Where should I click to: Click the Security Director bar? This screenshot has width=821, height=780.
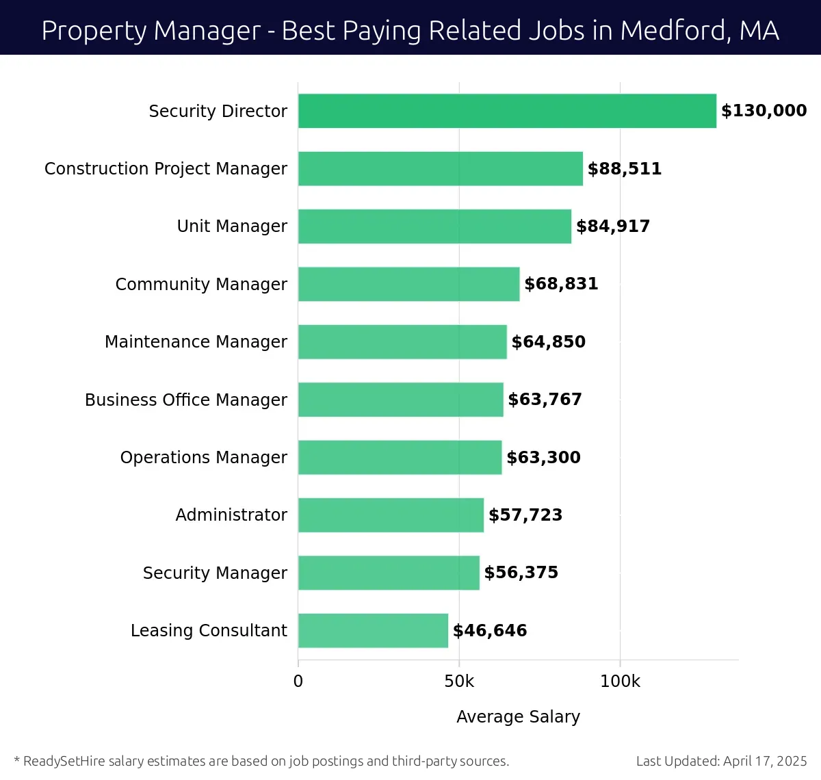coord(507,111)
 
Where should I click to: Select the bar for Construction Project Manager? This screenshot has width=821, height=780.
coord(441,168)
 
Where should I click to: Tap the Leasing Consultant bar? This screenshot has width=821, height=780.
coord(373,630)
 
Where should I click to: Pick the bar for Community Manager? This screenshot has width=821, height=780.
coord(408,284)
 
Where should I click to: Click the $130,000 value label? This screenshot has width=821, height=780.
coord(764,111)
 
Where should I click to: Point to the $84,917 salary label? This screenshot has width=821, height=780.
coord(613,226)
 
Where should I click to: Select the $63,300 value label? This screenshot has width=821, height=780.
coord(543,457)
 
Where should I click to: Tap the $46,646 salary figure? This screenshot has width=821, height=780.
coord(490,630)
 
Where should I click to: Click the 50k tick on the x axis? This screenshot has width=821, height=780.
coord(459,681)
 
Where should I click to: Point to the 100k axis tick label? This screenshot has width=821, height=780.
coord(620,681)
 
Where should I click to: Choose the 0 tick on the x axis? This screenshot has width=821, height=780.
coord(298,681)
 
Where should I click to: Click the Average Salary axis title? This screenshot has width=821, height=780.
coord(518,716)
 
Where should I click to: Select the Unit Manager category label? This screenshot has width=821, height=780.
coord(232,226)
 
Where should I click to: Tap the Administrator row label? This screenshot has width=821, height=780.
coord(231,515)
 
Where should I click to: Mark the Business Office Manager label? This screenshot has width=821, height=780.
coord(186,400)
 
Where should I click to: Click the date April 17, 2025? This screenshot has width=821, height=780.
coord(765,761)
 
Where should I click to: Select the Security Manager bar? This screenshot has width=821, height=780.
coord(389,573)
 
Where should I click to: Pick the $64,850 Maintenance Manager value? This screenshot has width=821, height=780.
coord(549,341)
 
